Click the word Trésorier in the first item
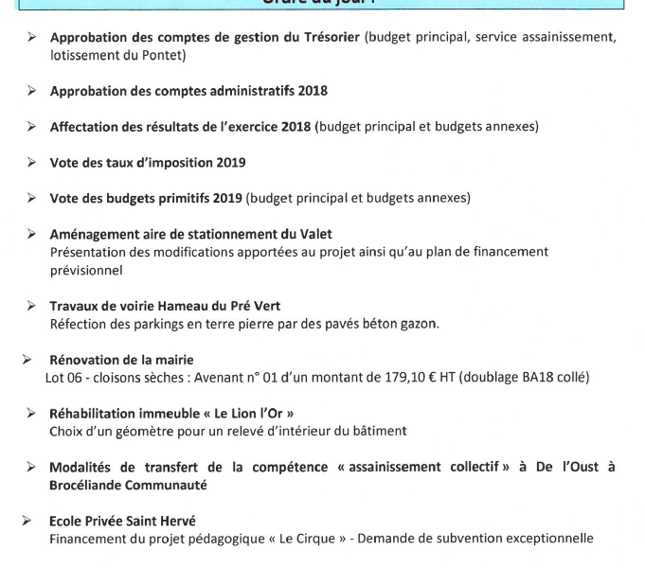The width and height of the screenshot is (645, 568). (x=329, y=38)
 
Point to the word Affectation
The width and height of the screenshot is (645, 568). (x=82, y=127)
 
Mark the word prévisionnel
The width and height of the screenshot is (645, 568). (x=86, y=270)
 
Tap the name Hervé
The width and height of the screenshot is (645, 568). (x=175, y=521)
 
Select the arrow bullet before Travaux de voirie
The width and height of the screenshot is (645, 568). (x=31, y=306)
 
